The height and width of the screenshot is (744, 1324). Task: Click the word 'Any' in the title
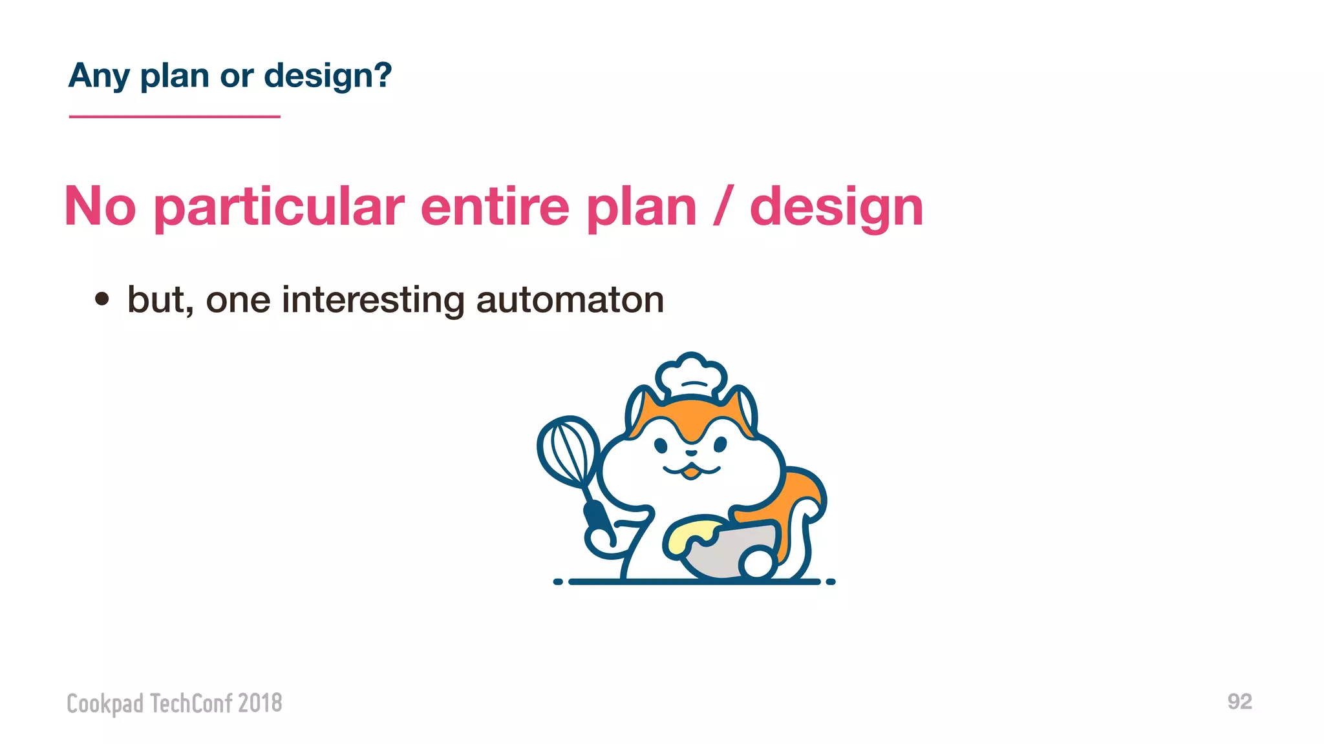(99, 76)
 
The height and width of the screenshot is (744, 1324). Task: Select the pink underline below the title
(175, 117)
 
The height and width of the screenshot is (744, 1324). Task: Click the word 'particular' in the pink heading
(279, 207)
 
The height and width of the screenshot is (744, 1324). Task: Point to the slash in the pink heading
(722, 207)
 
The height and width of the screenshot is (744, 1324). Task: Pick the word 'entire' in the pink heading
(495, 207)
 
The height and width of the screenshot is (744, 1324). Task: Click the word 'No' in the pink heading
(100, 207)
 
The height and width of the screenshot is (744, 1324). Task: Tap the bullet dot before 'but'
(101, 299)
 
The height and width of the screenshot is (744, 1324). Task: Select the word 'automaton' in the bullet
(570, 300)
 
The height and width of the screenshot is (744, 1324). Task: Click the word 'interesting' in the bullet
(372, 300)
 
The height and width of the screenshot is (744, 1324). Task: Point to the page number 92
(1239, 701)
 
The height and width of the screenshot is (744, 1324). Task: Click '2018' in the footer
(260, 703)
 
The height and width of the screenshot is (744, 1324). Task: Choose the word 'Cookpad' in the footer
(105, 703)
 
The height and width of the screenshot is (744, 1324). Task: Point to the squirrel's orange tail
(802, 497)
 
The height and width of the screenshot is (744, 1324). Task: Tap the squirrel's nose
(691, 453)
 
